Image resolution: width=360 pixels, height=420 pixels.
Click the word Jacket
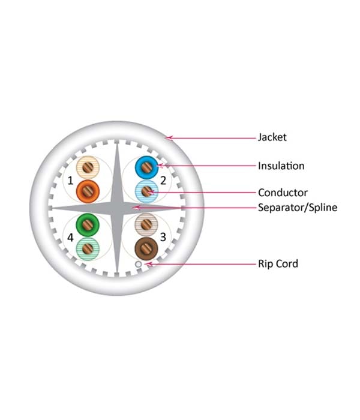(272, 137)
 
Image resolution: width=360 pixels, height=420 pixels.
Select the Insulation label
(281, 166)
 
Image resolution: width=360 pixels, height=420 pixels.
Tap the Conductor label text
(283, 193)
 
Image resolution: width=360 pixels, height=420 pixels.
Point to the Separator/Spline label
(298, 208)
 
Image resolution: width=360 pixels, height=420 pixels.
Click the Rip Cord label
(278, 263)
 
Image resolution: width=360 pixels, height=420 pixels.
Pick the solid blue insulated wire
(146, 167)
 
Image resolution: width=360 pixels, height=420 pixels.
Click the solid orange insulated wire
(88, 191)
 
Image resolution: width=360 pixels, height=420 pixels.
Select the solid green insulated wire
(88, 225)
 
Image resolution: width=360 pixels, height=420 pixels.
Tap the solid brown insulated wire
(146, 248)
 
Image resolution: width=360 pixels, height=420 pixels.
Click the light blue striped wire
(146, 191)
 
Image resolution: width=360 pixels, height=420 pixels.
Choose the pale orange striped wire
(88, 167)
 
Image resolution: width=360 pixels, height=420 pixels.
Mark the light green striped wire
(88, 248)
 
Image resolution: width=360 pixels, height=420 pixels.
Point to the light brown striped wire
(146, 225)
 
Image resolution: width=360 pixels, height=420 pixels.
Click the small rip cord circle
(138, 265)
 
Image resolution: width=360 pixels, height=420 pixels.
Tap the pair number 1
(70, 181)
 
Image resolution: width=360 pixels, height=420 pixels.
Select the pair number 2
(163, 181)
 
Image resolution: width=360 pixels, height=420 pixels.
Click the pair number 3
(163, 237)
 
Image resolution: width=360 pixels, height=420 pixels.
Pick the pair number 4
(70, 238)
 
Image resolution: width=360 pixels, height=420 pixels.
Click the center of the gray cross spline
(117, 208)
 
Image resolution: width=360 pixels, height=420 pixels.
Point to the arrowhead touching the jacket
(169, 138)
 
